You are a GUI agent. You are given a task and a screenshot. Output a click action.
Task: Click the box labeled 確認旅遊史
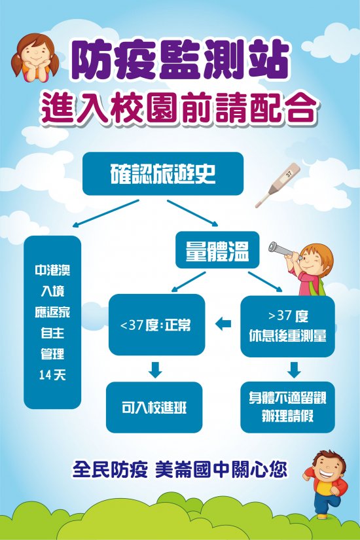pyautogui.click(x=163, y=173)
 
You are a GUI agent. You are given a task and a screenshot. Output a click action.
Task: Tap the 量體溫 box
pyautogui.click(x=217, y=249)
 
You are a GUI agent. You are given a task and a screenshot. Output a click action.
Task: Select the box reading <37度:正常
pyautogui.click(x=156, y=325)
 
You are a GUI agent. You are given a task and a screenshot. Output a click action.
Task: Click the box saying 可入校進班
pyautogui.click(x=154, y=407)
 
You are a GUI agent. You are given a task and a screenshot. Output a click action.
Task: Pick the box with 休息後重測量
pyautogui.click(x=287, y=326)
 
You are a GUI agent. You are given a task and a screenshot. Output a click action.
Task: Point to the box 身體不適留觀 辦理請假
pyautogui.click(x=287, y=407)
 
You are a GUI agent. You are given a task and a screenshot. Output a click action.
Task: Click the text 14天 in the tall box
pyautogui.click(x=52, y=375)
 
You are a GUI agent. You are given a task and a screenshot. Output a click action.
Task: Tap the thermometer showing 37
pyautogui.click(x=278, y=185)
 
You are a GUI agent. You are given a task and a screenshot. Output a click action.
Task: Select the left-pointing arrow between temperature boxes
pyautogui.click(x=223, y=324)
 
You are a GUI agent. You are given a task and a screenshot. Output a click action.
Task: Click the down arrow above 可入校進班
pyautogui.click(x=155, y=370)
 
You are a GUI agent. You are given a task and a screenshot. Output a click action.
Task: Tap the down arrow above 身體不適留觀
pyautogui.click(x=294, y=370)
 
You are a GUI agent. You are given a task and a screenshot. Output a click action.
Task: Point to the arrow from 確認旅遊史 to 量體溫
pyautogui.click(x=192, y=213)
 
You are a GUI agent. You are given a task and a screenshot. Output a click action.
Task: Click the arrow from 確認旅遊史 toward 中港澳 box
pyautogui.click(x=106, y=213)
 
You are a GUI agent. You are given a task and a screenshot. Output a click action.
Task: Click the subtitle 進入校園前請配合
pyautogui.click(x=179, y=109)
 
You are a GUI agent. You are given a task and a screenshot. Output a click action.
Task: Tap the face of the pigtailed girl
pyautogui.click(x=35, y=52)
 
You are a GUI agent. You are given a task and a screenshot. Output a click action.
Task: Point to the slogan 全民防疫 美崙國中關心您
pyautogui.click(x=179, y=469)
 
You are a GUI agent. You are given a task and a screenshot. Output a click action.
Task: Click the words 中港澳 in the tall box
pyautogui.click(x=52, y=270)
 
